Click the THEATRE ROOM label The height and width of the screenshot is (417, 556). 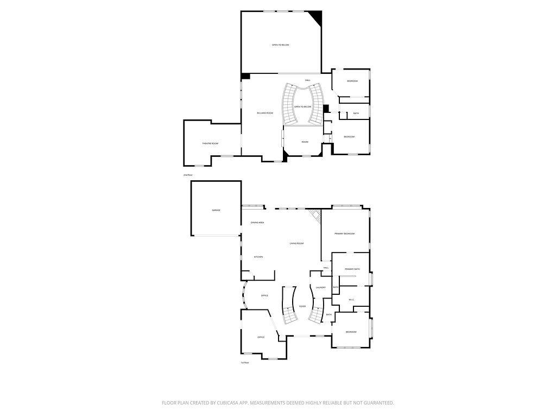pos(210,143)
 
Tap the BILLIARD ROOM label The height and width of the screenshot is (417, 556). pos(265,113)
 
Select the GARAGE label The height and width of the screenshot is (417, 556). pos(216,210)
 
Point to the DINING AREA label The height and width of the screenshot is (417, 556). pos(257,223)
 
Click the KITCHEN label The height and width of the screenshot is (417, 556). pos(258,257)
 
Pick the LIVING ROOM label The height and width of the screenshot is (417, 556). pos(296,244)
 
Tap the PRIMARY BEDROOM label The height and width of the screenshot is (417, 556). pos(344,233)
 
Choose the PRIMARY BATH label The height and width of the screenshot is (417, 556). pos(352,269)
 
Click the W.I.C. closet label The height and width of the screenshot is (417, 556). pos(351,299)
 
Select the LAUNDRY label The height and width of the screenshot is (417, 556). pos(320,287)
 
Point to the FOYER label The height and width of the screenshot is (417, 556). pos(302,306)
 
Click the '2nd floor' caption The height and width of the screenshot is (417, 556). pos(188,175)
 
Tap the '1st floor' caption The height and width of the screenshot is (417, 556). pos(245,363)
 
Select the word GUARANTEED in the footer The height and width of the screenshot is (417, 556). pos(376,403)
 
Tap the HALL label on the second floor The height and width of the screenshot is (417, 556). pos(308,80)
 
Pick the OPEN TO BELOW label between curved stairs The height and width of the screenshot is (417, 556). pos(302,107)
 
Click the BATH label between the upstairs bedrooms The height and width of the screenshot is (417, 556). pos(356,113)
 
